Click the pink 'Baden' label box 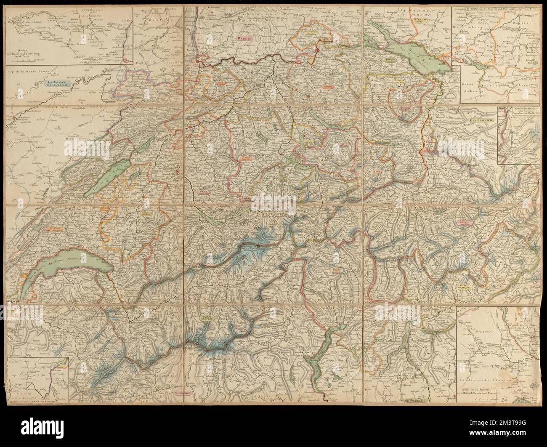[x=242, y=38]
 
